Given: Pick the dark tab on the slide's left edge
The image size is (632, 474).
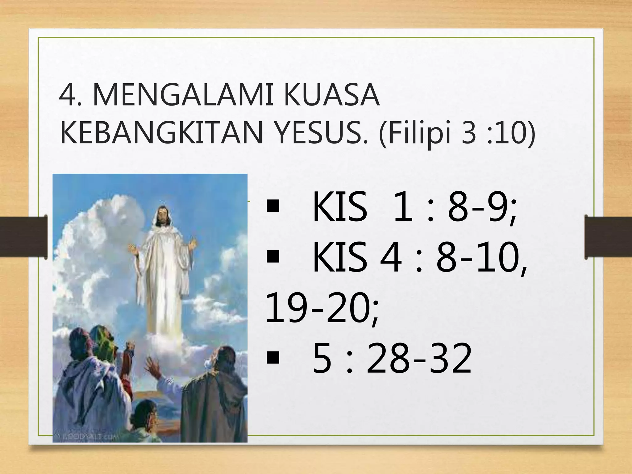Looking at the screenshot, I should pyautogui.click(x=23, y=237).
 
